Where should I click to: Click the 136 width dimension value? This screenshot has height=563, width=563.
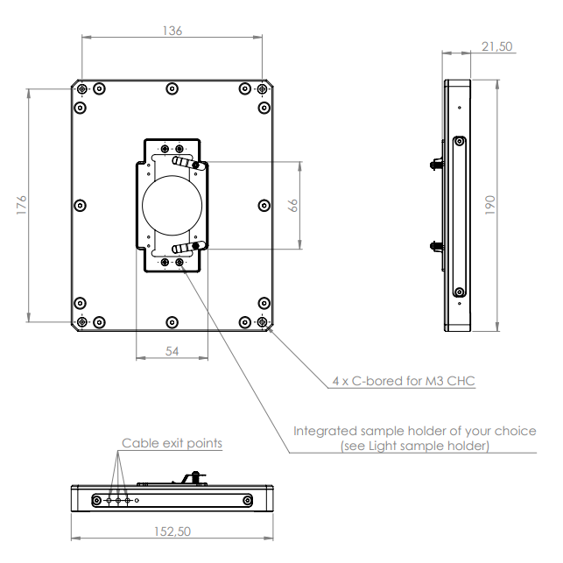172,31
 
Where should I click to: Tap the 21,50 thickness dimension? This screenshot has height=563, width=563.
496,46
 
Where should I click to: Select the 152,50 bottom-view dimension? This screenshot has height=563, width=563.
172,531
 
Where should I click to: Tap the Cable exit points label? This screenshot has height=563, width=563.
172,443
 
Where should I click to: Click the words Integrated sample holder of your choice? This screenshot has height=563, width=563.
413,431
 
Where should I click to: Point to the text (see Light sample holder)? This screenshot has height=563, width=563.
414,446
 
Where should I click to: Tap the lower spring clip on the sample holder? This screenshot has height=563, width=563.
187,249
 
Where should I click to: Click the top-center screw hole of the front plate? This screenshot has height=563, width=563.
172,88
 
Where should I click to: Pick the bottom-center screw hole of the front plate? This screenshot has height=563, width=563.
172,321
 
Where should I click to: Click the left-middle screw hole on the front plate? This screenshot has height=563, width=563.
81,205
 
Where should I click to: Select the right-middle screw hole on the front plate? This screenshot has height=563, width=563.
264,205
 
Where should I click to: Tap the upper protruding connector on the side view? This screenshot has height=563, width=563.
435,164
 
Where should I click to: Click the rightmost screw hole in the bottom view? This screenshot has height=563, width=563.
249,500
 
